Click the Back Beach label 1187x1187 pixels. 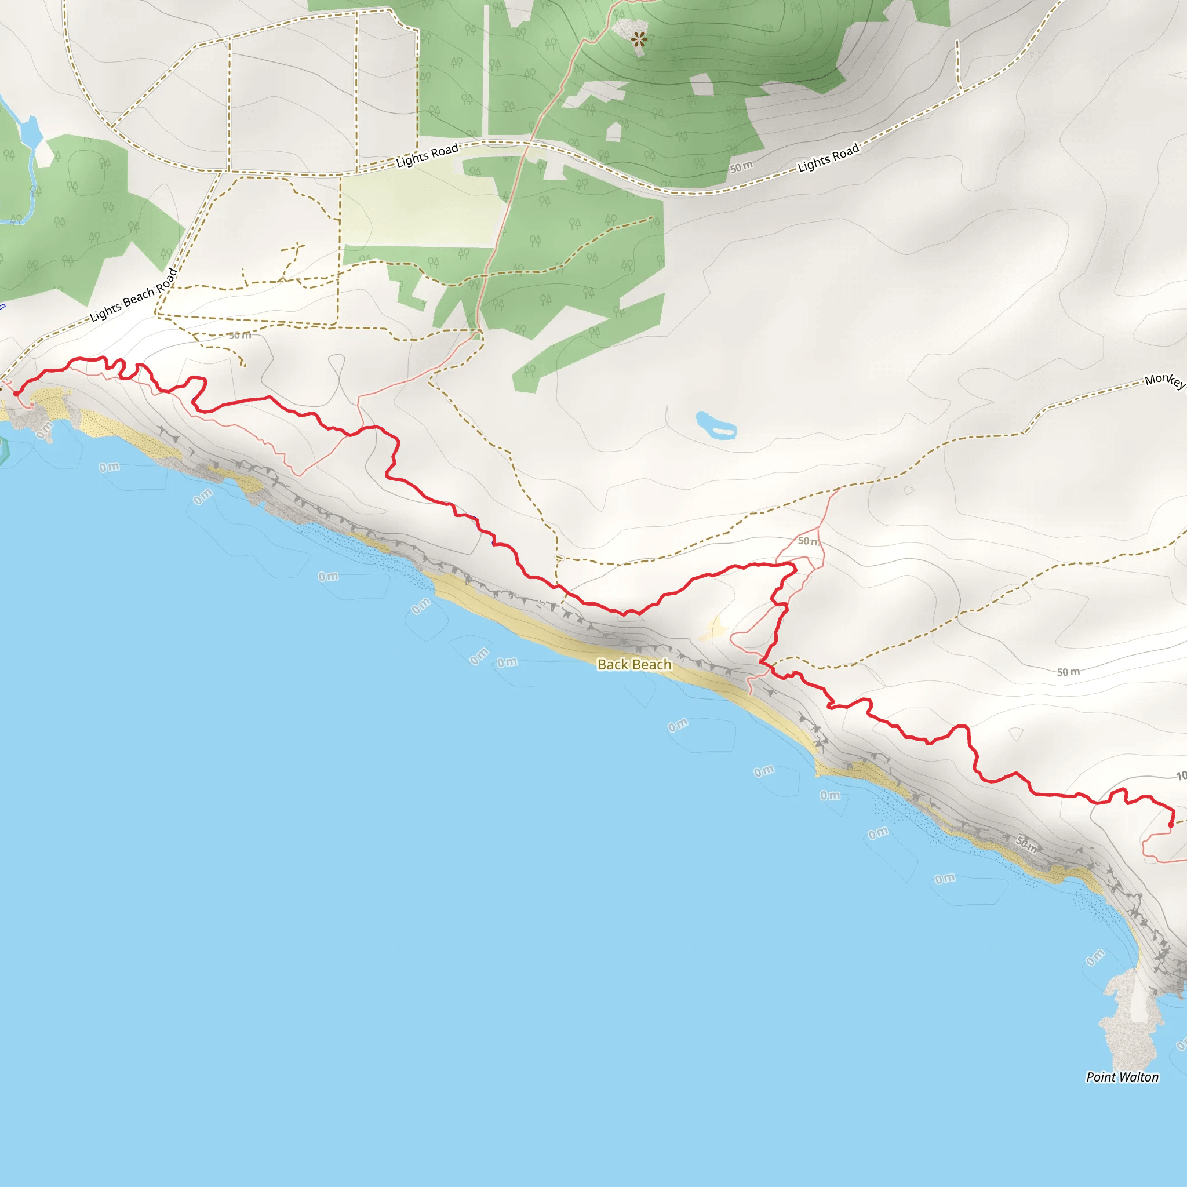pos(634,664)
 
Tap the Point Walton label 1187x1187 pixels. pos(1122,1077)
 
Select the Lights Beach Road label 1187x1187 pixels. pos(134,296)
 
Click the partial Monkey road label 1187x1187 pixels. pos(1165,380)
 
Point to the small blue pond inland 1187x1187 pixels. pos(715,425)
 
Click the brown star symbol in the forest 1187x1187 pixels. pos(639,40)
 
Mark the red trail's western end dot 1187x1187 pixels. pos(17,393)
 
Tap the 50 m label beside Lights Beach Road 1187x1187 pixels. pos(239,336)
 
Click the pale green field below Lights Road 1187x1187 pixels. pos(424,209)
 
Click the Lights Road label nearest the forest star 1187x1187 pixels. pos(427,155)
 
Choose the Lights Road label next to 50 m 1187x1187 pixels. pos(828,158)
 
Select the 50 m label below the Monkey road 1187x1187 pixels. pos(1068,672)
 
